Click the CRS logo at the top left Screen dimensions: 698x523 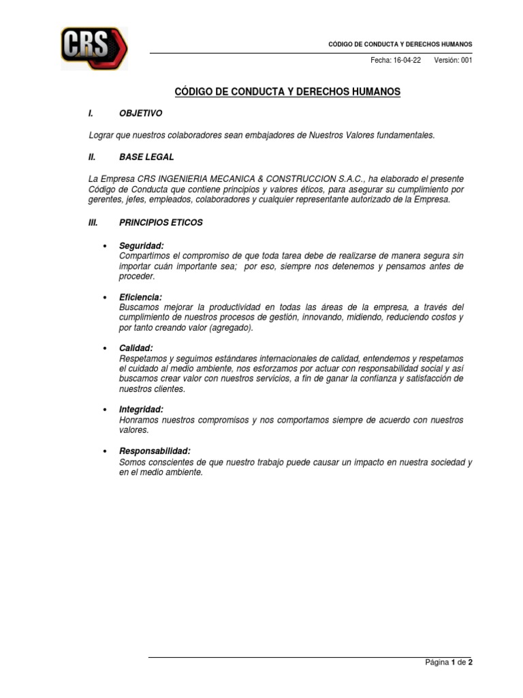[93, 48]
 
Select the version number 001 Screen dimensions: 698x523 [466, 60]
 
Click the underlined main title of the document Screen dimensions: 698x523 [288, 91]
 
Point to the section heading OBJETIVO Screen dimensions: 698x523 [141, 113]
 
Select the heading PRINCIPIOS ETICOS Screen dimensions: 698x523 [160, 222]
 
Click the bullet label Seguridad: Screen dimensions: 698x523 [142, 245]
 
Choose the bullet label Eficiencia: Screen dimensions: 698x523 [141, 297]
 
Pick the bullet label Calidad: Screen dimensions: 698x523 [136, 348]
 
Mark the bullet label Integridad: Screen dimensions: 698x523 [141, 409]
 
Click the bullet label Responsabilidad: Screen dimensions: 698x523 [155, 451]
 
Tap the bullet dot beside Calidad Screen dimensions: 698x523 [105, 348]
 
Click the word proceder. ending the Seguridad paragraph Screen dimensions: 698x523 [137, 276]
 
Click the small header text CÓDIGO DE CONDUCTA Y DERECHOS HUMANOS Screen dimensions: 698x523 [400, 44]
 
